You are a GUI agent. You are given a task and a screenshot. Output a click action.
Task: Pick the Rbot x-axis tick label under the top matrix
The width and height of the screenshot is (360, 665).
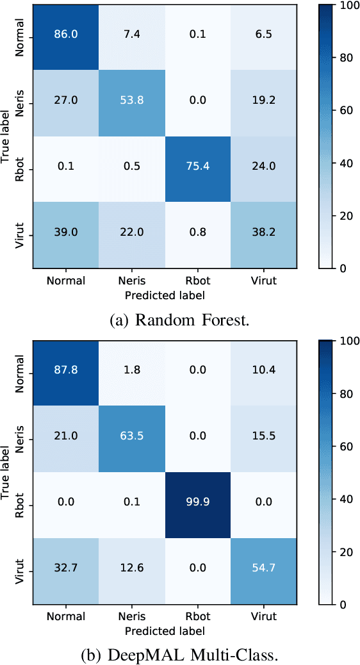196,281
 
